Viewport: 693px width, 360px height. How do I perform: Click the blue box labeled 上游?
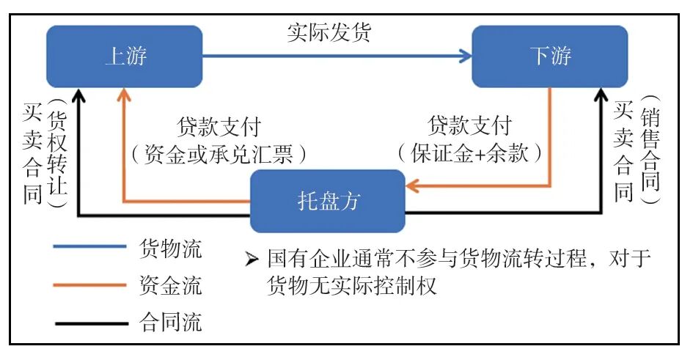click(124, 56)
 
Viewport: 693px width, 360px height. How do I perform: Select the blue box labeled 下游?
click(549, 56)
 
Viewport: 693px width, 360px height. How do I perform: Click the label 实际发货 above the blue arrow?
click(329, 33)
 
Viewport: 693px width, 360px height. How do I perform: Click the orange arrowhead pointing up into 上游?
click(125, 94)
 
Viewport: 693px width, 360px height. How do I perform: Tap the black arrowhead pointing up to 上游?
click(80, 94)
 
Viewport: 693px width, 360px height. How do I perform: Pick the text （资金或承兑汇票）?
click(218, 155)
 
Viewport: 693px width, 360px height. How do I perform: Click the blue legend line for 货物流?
click(89, 247)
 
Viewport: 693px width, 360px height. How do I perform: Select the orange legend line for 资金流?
click(89, 284)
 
